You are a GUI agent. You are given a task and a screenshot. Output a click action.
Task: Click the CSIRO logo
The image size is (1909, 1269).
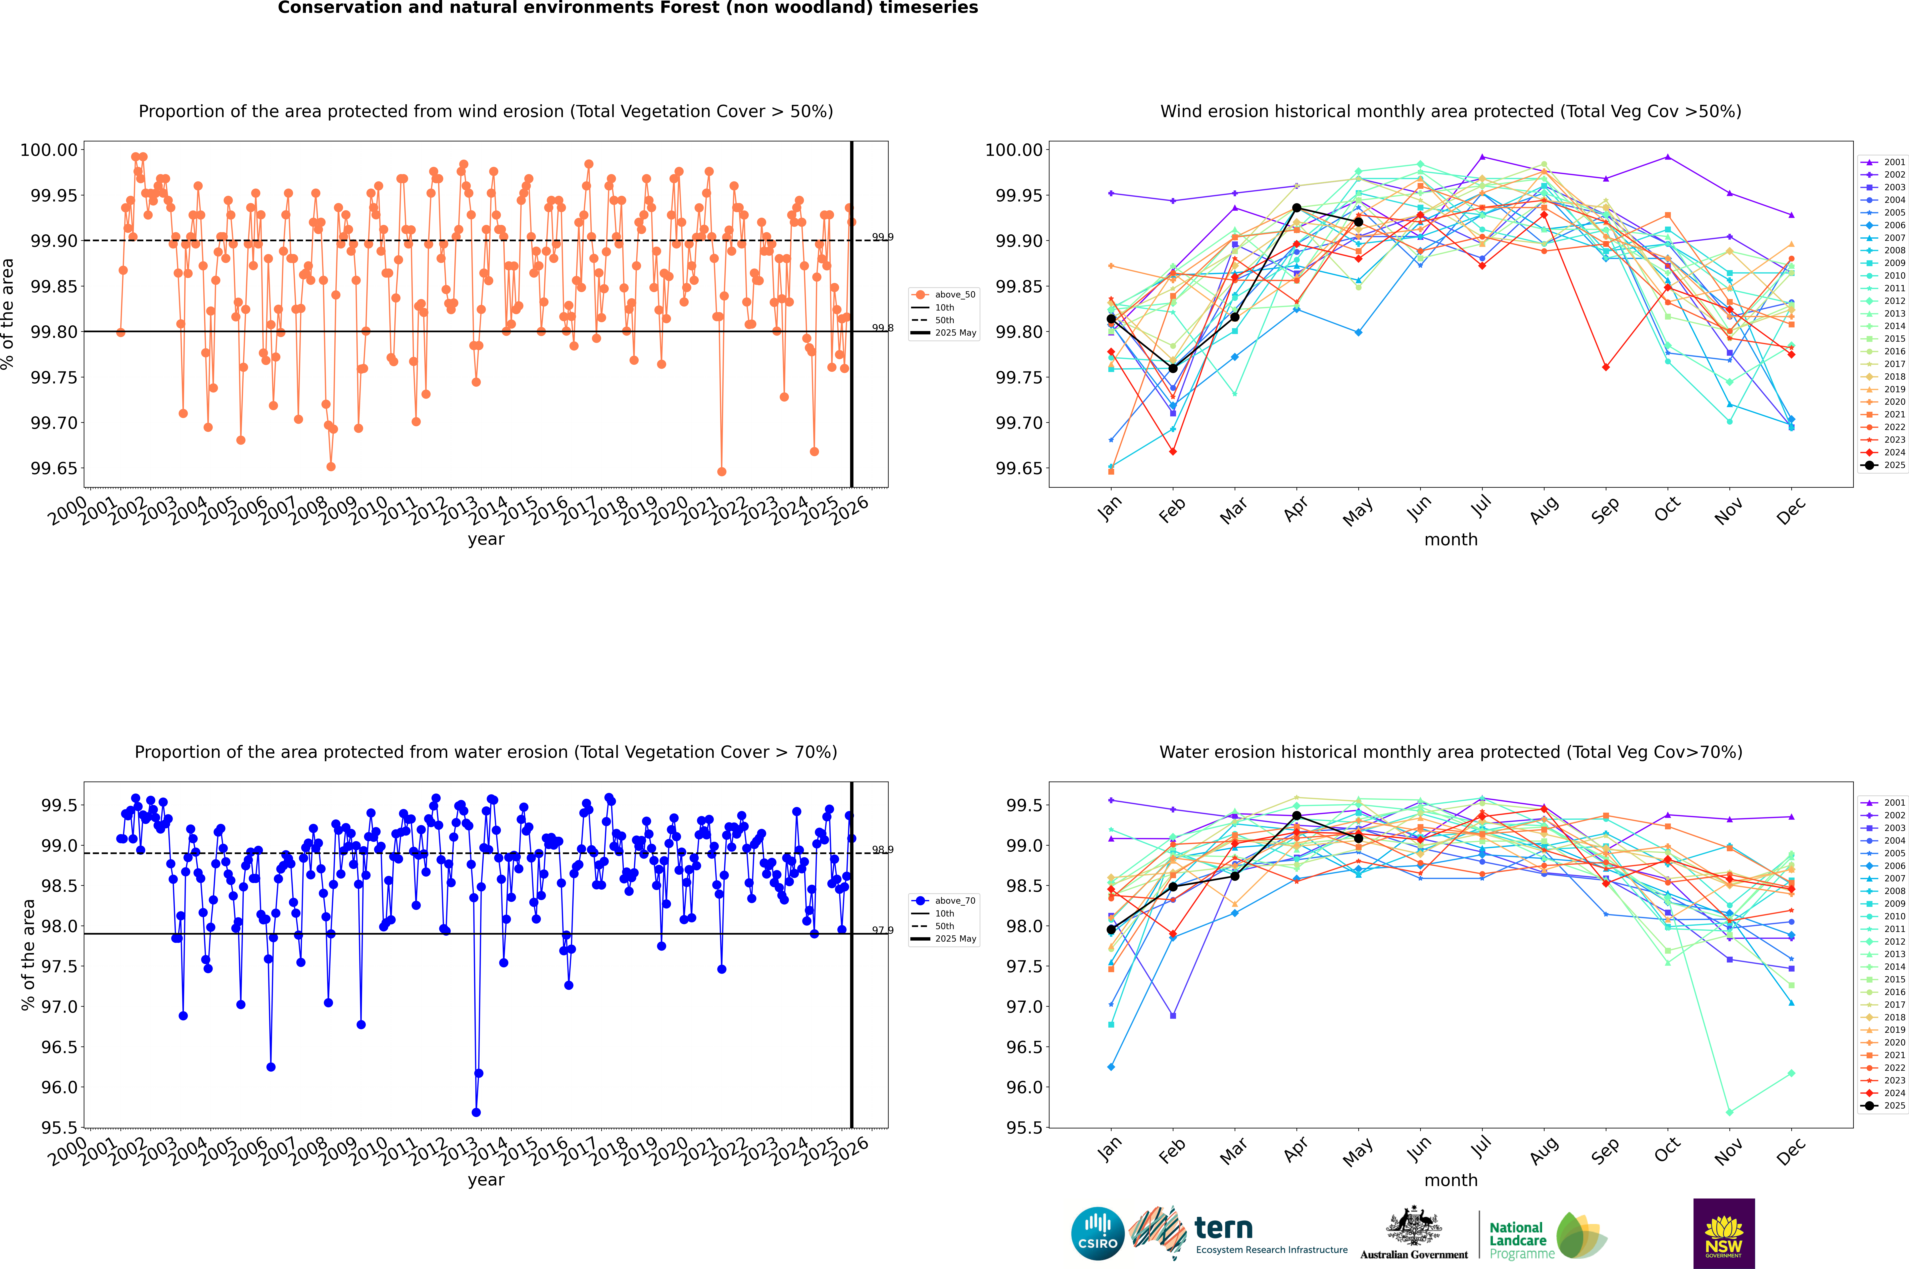coord(1097,1234)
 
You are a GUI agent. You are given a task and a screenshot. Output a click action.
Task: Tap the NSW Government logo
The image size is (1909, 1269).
coord(1724,1233)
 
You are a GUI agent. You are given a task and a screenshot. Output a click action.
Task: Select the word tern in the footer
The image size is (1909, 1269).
coord(1224,1229)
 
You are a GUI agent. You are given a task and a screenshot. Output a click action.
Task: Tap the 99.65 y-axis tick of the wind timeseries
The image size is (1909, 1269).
coord(54,469)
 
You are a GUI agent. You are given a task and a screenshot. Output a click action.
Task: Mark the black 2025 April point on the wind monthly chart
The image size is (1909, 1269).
coord(1296,208)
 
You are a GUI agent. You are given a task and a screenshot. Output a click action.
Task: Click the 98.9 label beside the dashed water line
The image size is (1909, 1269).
coord(882,850)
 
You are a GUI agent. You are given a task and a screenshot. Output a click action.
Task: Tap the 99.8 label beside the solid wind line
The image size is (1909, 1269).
coord(882,328)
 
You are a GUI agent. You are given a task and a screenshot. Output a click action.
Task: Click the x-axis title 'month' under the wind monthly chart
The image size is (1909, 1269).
coord(1450,540)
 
